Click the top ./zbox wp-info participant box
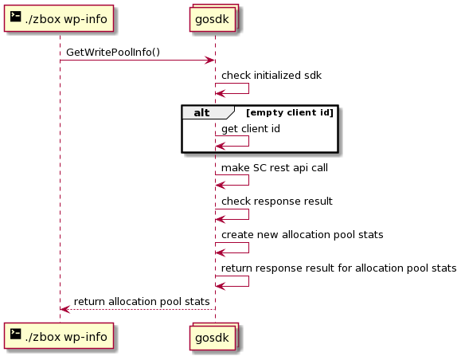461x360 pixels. (59, 18)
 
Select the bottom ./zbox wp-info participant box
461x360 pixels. (59, 336)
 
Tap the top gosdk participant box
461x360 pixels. (213, 18)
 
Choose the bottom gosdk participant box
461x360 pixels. (213, 336)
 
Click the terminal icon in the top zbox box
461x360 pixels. (16, 17)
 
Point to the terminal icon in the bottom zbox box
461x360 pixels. (16, 335)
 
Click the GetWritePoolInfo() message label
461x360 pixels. (113, 53)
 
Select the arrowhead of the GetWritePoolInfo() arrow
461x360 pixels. (210, 61)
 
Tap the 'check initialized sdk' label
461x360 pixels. (272, 76)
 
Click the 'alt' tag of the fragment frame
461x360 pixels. (201, 112)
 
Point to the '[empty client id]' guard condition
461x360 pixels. (290, 112)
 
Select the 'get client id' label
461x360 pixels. (251, 129)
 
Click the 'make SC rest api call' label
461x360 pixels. (275, 168)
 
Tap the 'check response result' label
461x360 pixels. (276, 202)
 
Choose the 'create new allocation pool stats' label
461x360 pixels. (303, 235)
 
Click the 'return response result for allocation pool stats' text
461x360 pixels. (338, 268)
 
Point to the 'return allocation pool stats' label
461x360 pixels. (142, 302)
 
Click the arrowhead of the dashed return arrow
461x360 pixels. (64, 309)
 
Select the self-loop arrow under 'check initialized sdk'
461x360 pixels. (248, 88)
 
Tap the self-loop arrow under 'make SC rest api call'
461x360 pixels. (248, 180)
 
